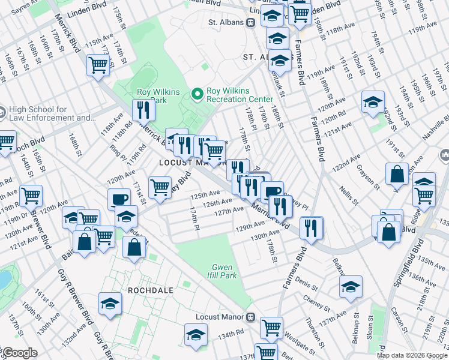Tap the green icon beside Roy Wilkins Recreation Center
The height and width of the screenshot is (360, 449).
tap(196, 94)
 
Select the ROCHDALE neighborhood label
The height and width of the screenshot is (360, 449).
tap(150, 290)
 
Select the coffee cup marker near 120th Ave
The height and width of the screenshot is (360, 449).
tap(119, 199)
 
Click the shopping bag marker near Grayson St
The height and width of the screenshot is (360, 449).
tap(397, 174)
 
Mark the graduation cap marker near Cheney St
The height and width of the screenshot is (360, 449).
tap(351, 287)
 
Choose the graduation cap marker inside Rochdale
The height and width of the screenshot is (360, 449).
tap(110, 304)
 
